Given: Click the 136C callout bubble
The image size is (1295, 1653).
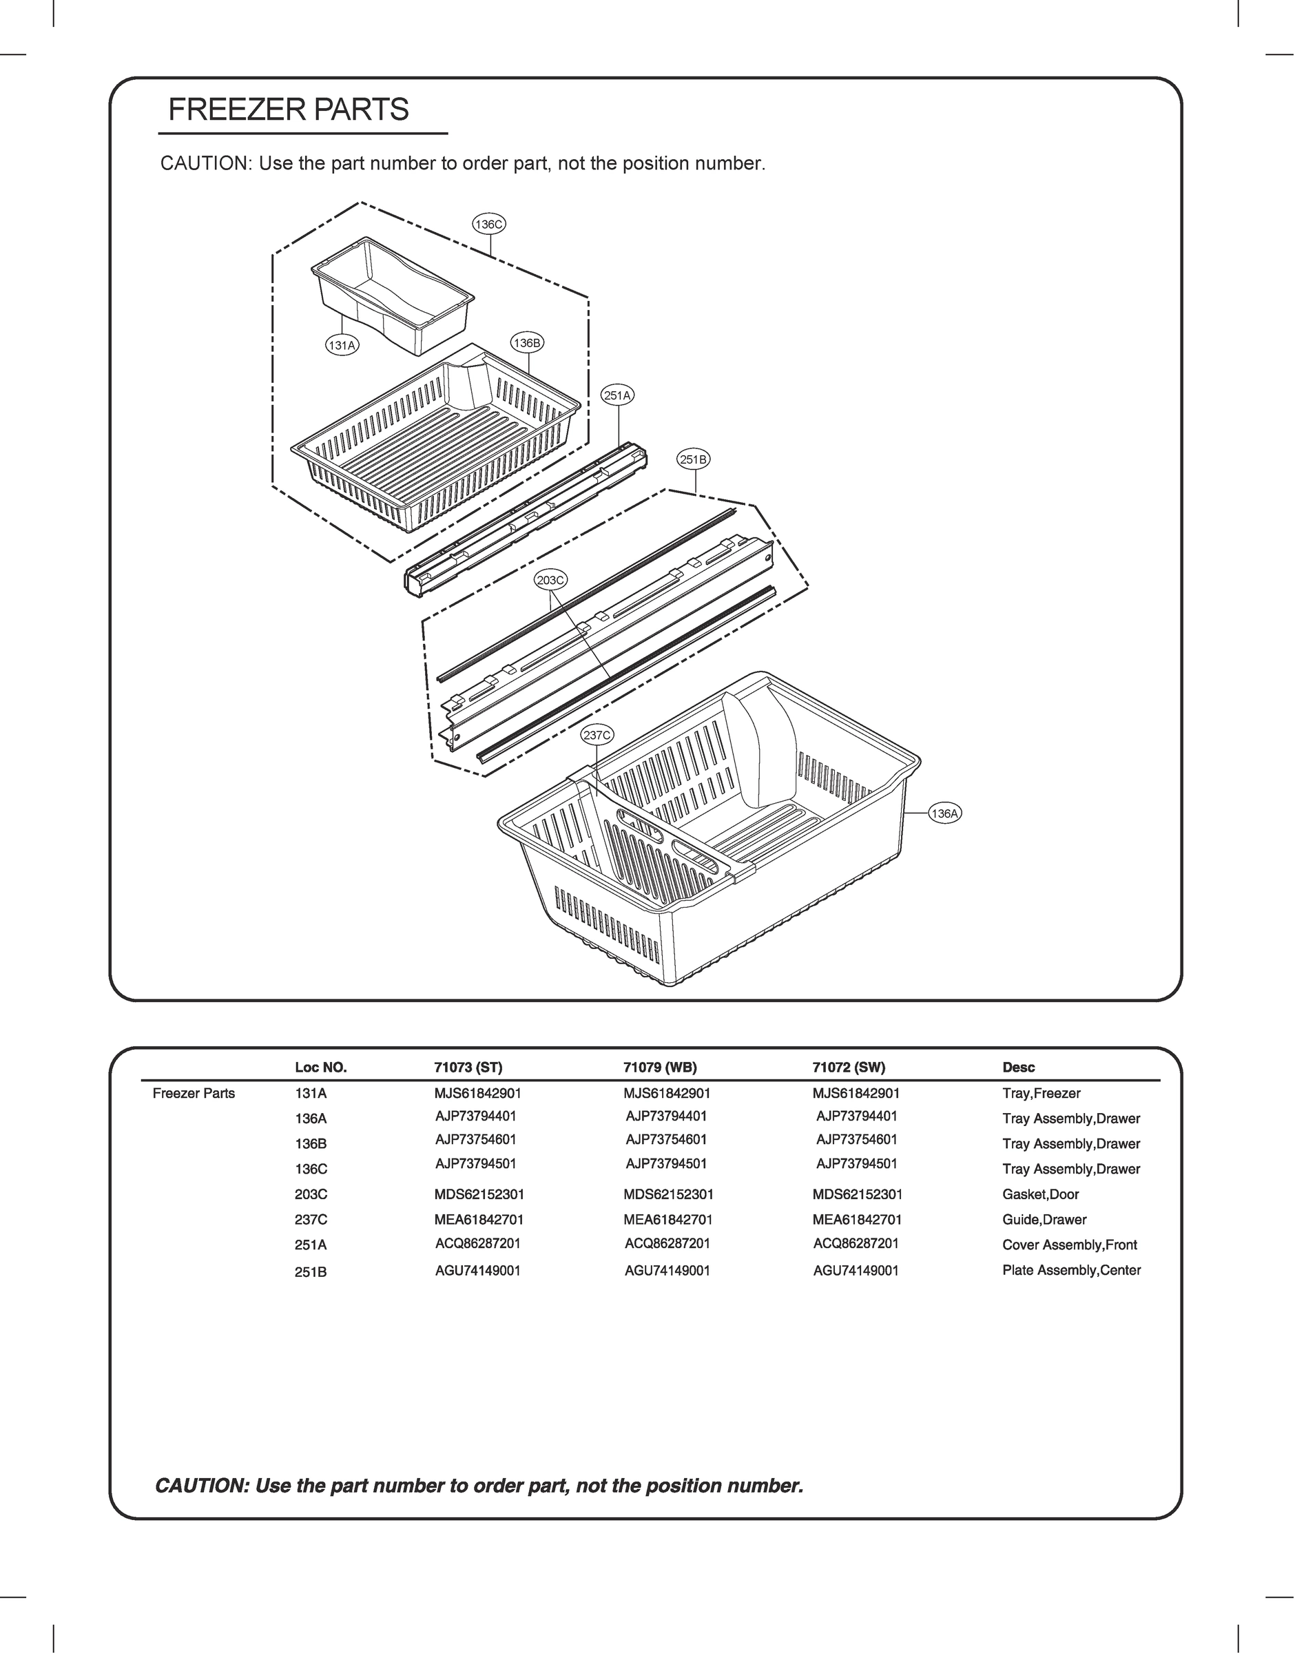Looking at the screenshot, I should (488, 225).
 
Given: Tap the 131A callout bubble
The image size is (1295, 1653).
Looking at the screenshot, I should (342, 346).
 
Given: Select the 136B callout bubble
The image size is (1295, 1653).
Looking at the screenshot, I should (527, 342).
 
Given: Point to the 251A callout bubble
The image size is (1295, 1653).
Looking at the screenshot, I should (617, 395).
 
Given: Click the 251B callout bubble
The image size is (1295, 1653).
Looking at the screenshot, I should (693, 459).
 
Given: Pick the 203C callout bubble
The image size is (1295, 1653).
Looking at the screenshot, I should (550, 580).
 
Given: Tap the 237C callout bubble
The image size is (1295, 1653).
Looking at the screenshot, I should (597, 734).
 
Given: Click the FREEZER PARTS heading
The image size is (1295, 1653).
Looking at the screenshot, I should (288, 110).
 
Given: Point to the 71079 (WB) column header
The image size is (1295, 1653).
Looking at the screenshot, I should (660, 1067).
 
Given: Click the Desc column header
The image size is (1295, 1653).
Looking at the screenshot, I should (1018, 1067).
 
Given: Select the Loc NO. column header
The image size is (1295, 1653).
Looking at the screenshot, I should (321, 1067).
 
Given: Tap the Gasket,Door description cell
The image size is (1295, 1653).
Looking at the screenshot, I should (1040, 1194).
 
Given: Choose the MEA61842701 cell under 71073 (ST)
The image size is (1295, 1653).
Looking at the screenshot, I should (479, 1220).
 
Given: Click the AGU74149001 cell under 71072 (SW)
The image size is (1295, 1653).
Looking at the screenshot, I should (856, 1271).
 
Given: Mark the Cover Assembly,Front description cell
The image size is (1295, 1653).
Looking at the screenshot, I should (1069, 1245).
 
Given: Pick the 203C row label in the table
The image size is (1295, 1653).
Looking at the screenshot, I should (311, 1194).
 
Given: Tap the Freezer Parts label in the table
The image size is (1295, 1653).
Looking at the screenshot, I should (194, 1093).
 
